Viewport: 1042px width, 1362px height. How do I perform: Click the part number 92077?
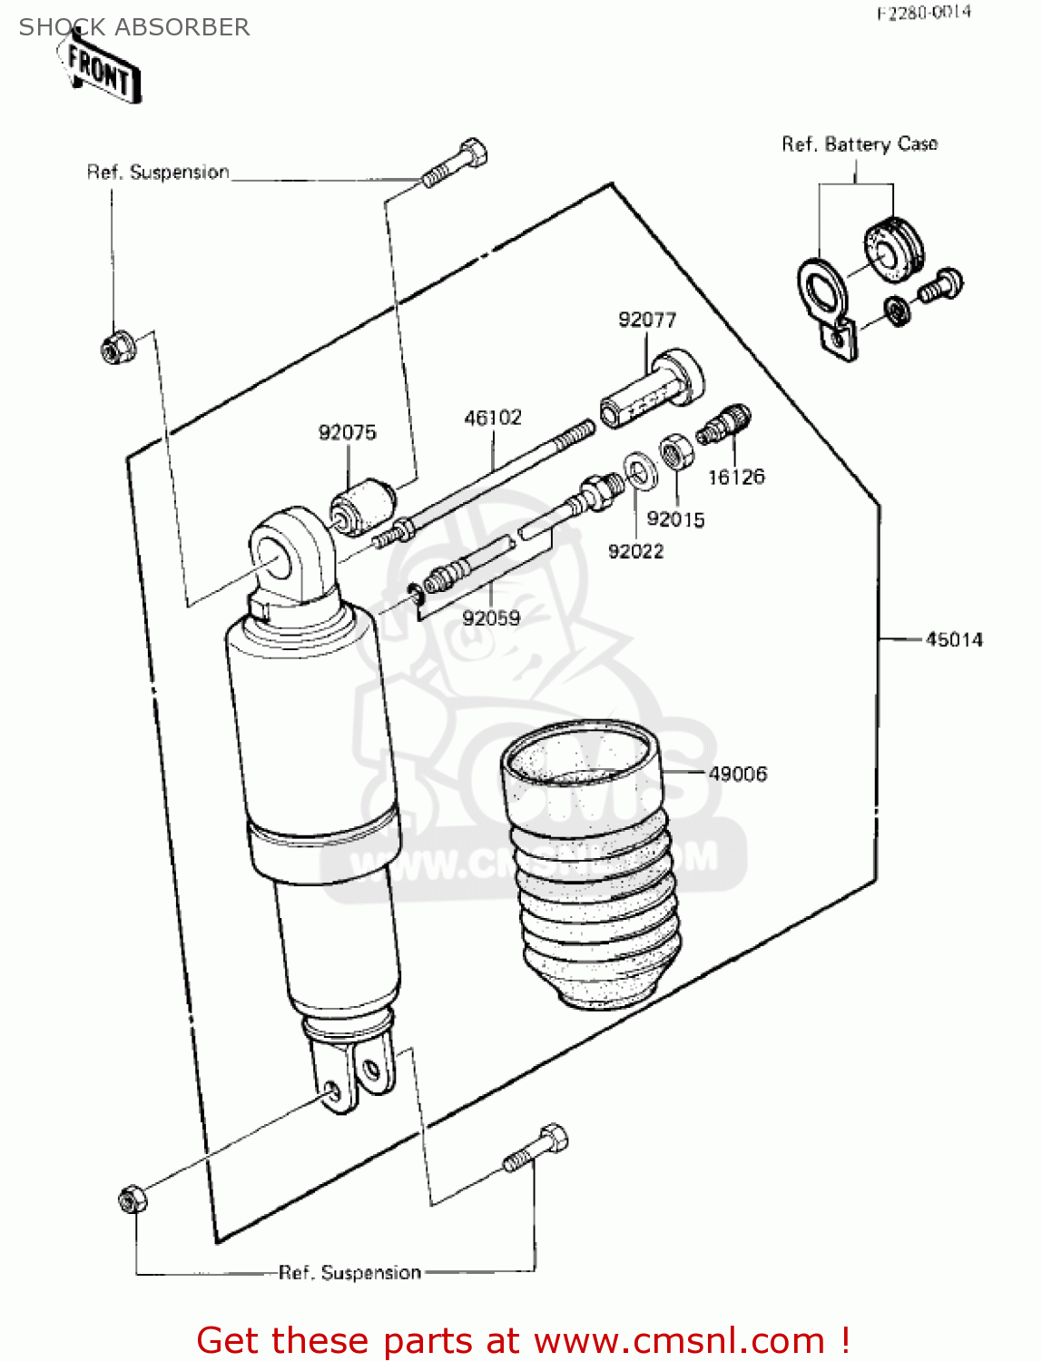tap(646, 320)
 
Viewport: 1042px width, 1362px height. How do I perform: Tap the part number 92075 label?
tap(347, 432)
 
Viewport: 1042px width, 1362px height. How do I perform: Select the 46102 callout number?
tap(493, 418)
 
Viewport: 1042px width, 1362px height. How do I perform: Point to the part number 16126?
tap(736, 477)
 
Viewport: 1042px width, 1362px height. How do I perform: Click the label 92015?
tap(675, 519)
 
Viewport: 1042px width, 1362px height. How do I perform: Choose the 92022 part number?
tap(635, 551)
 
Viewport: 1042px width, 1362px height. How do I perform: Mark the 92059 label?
tap(491, 618)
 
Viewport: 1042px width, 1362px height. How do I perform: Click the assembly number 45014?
tap(954, 640)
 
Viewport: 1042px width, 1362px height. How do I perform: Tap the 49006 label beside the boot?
tap(737, 774)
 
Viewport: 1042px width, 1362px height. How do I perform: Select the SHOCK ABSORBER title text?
tap(134, 27)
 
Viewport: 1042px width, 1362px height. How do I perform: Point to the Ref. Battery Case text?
tap(859, 144)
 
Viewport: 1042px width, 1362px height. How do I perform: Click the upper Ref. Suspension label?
tap(158, 173)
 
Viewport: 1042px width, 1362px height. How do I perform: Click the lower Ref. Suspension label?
tap(349, 1273)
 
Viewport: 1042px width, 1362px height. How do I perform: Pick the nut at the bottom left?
tap(133, 1199)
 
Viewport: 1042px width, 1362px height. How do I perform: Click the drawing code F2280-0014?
tap(923, 13)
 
